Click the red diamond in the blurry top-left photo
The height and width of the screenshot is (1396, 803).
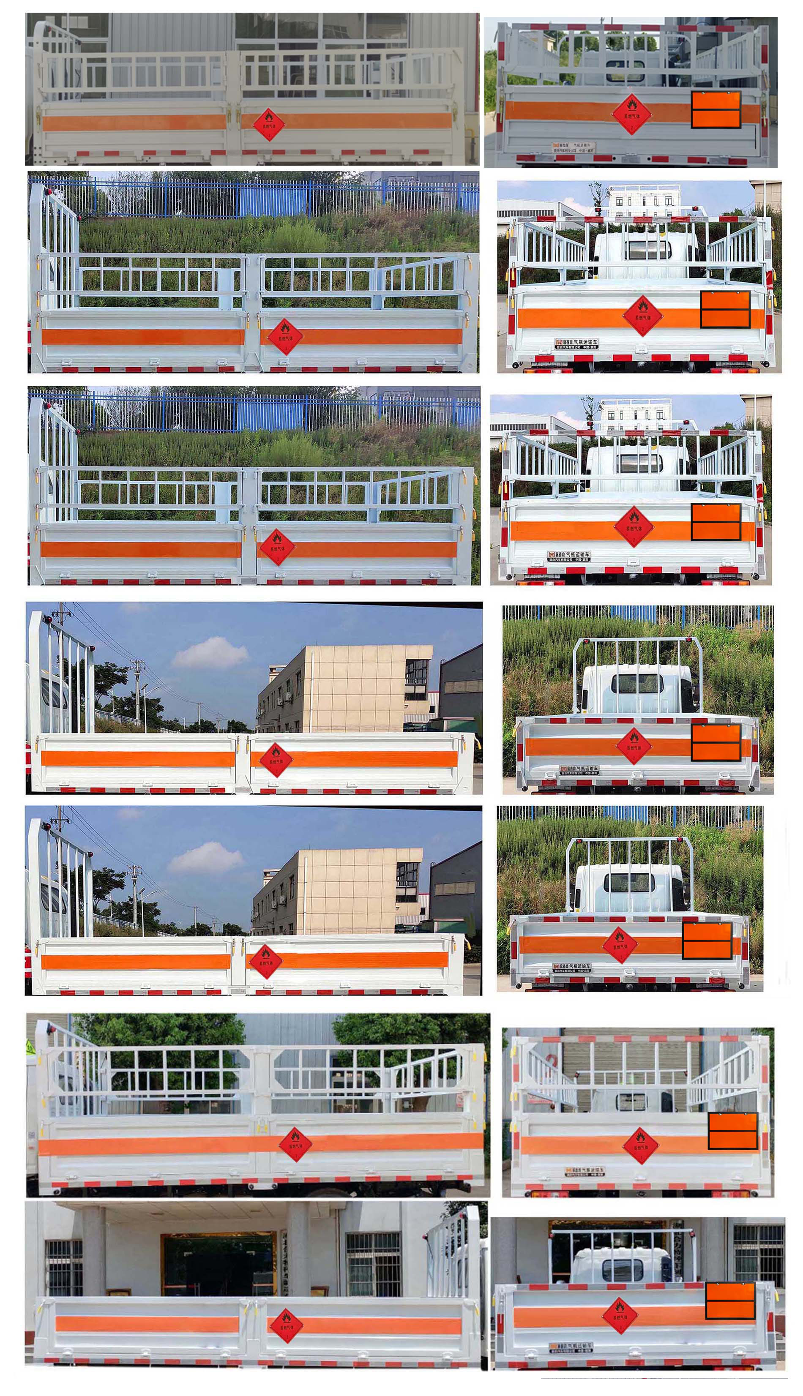pyautogui.click(x=269, y=125)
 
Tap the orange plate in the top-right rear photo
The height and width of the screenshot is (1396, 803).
pyautogui.click(x=716, y=110)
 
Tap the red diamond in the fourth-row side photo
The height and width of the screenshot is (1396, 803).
pyautogui.click(x=275, y=760)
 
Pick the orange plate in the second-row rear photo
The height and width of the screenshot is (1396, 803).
pyautogui.click(x=725, y=309)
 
